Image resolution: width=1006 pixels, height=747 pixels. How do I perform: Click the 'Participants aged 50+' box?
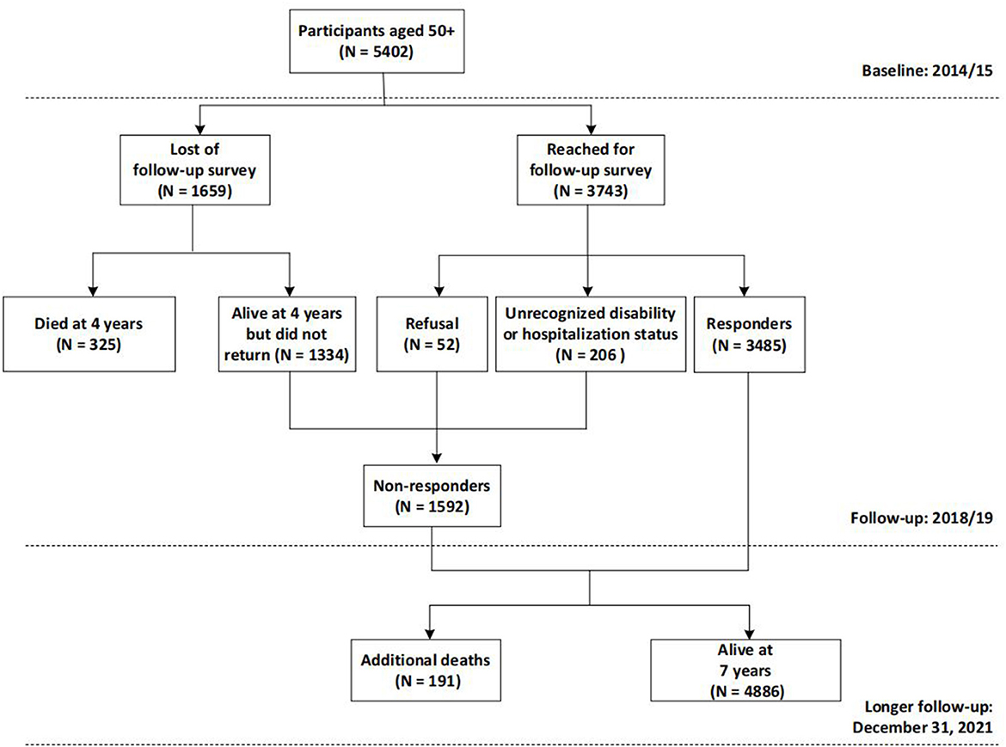point(377,41)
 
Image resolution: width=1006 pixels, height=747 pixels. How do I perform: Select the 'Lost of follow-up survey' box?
point(194,170)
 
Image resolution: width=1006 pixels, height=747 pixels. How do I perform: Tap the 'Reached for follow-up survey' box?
point(590,170)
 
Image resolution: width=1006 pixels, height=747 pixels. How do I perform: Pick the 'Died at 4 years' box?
point(89,334)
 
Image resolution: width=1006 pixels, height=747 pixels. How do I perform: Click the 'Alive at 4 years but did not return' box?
point(287,334)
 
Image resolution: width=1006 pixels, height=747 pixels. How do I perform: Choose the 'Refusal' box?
point(432,334)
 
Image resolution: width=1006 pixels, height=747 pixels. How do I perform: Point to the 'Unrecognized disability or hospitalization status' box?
point(590,334)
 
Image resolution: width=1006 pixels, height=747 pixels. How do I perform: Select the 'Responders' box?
point(750,334)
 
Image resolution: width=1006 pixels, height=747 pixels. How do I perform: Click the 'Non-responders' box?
point(432,496)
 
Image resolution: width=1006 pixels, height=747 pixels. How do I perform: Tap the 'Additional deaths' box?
point(426,670)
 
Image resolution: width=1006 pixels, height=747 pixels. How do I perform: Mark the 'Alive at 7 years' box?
point(745,670)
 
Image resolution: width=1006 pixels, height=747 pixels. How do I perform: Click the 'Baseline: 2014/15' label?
point(927,70)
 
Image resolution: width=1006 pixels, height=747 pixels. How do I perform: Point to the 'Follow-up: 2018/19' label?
point(922,517)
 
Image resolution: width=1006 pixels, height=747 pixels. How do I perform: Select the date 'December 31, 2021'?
point(923,727)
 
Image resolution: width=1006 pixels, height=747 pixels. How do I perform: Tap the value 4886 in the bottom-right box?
point(762,691)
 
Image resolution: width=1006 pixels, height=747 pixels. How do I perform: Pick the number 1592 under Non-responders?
point(446,506)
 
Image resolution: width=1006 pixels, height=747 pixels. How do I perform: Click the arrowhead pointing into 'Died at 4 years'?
point(93,291)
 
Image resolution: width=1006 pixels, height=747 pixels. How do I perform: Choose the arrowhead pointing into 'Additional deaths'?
point(429,634)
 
